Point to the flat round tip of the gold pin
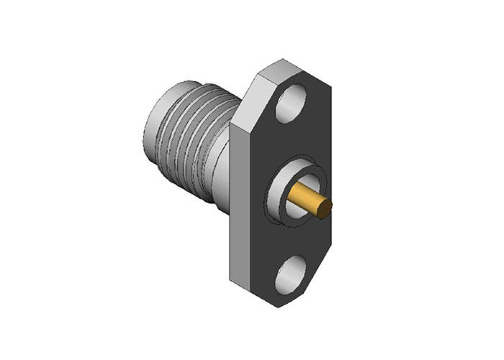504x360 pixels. click(x=326, y=209)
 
